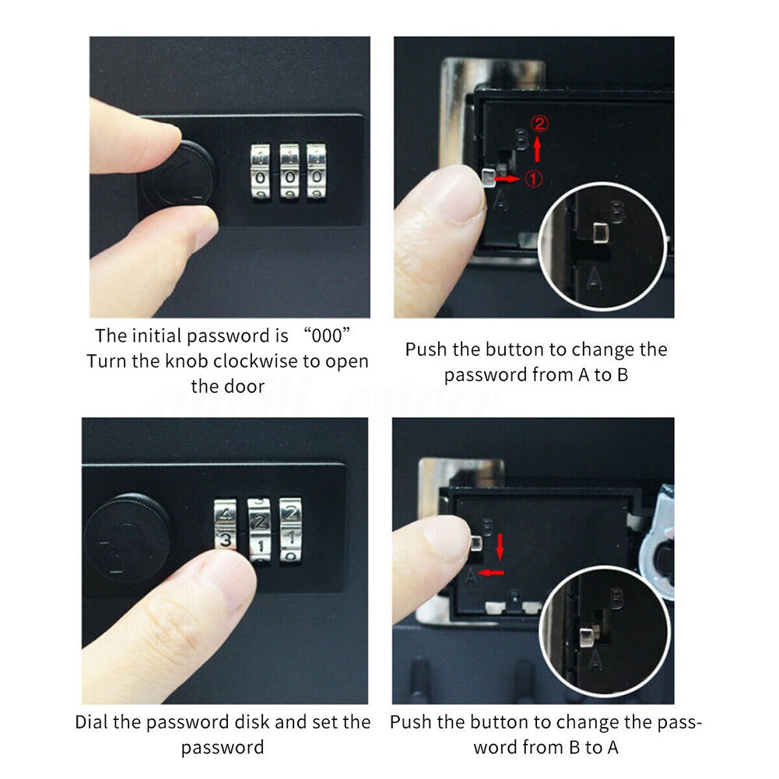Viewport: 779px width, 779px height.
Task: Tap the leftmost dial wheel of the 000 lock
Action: point(260,172)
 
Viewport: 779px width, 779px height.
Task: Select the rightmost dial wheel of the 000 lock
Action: point(317,172)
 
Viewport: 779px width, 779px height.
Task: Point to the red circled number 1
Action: point(533,178)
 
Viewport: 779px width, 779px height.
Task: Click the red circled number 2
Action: point(537,122)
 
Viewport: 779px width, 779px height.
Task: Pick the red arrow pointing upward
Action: point(537,148)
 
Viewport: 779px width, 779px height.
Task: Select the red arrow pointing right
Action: point(507,179)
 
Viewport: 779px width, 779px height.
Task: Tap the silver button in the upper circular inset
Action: point(600,231)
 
